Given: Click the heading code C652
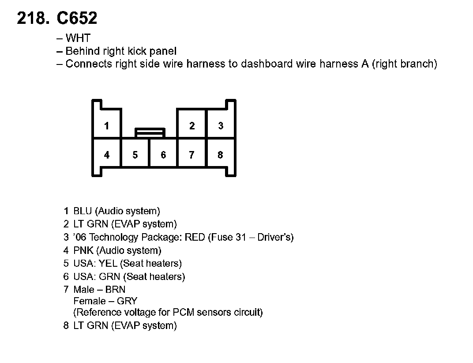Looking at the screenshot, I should (x=77, y=19).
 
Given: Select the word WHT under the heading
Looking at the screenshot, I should (x=78, y=38).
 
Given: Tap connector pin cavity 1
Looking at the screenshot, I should (x=106, y=126).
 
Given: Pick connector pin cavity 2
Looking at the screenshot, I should (x=192, y=126).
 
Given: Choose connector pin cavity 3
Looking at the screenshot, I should (x=221, y=126).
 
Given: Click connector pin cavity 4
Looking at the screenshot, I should (x=107, y=155).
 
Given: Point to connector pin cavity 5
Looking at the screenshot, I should (x=135, y=155).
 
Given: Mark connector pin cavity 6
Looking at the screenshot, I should (x=163, y=155).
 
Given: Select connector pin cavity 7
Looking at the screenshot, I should (x=191, y=155).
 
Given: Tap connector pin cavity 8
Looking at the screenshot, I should (x=220, y=155).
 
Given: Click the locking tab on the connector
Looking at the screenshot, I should (x=150, y=132).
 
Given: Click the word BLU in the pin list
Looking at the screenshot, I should (x=83, y=211).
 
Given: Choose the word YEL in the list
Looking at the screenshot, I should (x=108, y=264).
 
